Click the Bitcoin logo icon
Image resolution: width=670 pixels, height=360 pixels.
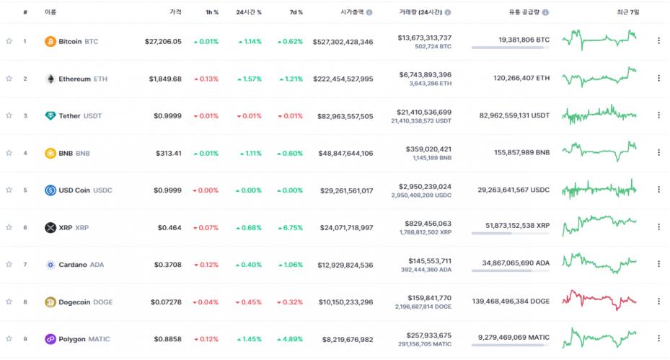[50, 41]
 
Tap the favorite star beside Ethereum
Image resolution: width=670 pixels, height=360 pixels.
[9, 79]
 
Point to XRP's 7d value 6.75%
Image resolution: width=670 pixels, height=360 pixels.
[290, 227]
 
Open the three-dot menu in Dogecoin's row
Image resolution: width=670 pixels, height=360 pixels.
[658, 302]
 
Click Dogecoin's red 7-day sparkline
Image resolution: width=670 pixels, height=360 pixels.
[599, 299]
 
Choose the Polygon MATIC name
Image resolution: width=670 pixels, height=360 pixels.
[84, 339]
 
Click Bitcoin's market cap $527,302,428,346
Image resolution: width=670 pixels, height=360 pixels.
[343, 42]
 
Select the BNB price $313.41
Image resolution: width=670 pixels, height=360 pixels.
[168, 153]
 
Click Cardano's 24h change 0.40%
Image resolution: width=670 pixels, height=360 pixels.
[248, 265]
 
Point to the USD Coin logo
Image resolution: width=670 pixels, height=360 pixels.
[50, 190]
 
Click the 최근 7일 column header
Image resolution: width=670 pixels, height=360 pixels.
[627, 12]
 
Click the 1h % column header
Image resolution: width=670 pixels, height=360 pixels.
[211, 12]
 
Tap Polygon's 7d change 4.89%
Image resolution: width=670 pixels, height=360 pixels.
[290, 339]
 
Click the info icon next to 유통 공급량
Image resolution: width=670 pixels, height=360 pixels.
[545, 12]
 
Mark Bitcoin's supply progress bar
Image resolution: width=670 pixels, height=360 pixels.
[510, 48]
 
